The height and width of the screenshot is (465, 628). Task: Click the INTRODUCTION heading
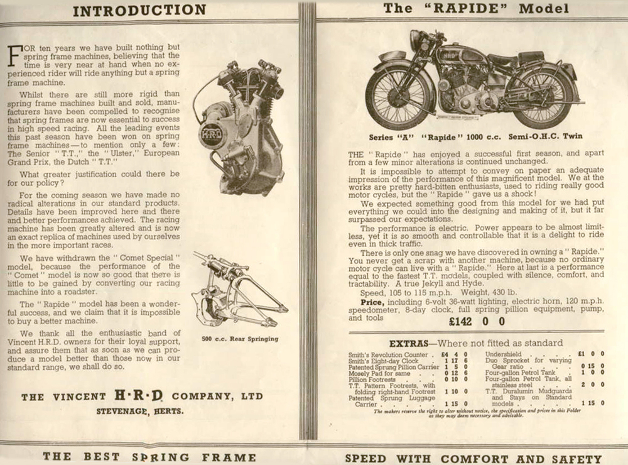point(139,10)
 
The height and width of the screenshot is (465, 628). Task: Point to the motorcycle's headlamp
point(416,40)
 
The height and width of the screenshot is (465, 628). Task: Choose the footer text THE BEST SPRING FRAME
point(149,457)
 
